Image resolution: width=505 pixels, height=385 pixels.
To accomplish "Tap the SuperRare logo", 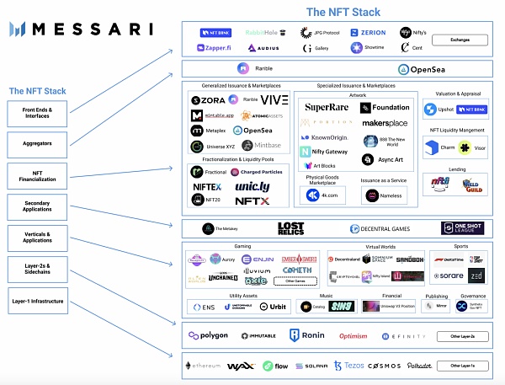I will [326, 108].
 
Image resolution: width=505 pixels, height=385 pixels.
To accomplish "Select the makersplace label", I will [384, 123].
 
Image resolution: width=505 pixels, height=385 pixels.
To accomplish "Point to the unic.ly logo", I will [252, 185].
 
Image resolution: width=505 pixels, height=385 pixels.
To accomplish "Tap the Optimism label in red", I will [353, 336].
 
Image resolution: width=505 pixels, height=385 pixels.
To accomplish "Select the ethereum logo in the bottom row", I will [203, 366].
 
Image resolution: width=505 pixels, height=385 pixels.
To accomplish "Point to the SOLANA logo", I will [311, 366].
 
